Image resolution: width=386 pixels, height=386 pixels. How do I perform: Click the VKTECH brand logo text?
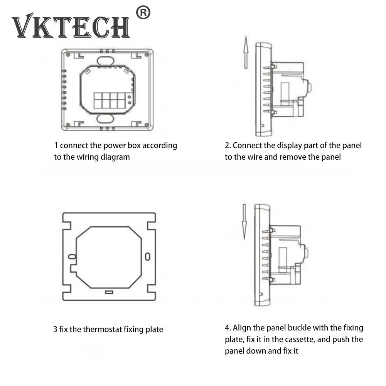tap(71, 26)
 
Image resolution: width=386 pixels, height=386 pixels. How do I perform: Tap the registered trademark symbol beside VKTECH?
tap(143, 13)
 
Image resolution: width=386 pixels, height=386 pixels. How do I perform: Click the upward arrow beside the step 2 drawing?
tap(246, 52)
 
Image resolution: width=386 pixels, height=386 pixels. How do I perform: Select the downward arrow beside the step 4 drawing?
tap(244, 221)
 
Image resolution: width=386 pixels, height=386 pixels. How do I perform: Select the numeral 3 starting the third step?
tap(55, 329)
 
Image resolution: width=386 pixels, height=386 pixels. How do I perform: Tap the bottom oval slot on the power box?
tap(105, 119)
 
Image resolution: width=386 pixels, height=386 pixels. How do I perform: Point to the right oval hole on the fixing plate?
tap(148, 256)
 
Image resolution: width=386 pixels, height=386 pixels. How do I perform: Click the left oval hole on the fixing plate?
tap(72, 256)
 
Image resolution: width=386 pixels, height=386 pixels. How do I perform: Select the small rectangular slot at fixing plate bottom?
tap(109, 292)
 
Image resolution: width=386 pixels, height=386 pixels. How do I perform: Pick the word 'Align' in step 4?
tap(242, 328)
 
